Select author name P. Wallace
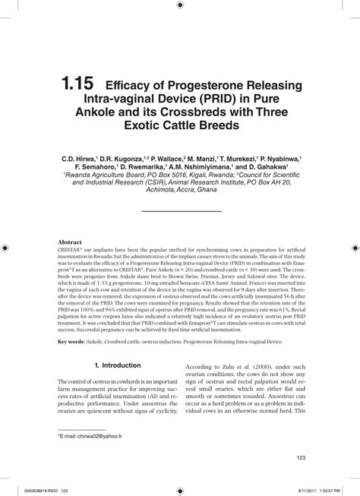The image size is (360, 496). (163, 160)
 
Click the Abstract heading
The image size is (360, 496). (70, 242)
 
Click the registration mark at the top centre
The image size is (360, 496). (180, 5)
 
